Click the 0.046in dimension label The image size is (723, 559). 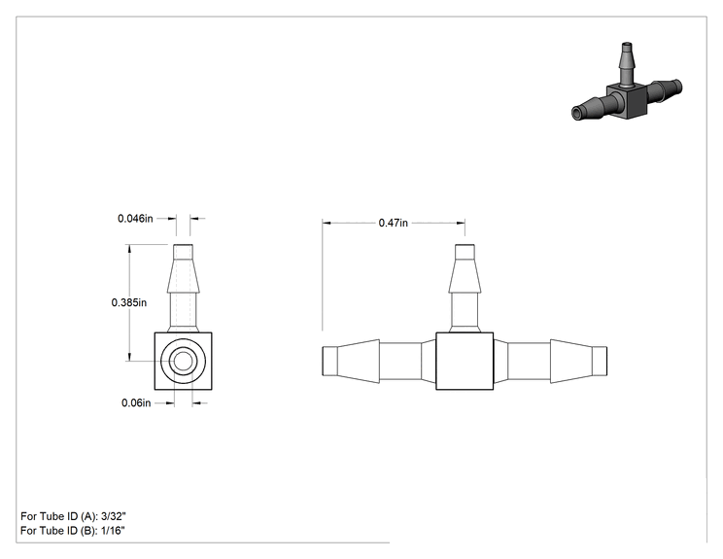coord(135,218)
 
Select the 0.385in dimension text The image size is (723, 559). coord(129,302)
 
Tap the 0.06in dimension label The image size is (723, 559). coord(136,402)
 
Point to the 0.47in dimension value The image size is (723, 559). coord(394,223)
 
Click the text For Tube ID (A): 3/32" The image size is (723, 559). coord(73,516)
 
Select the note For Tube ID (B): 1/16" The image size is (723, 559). coord(73,531)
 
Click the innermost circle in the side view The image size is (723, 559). coord(183,361)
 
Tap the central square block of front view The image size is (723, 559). coord(465,361)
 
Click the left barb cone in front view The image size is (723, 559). coord(359,361)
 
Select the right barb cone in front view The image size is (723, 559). coord(571,361)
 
